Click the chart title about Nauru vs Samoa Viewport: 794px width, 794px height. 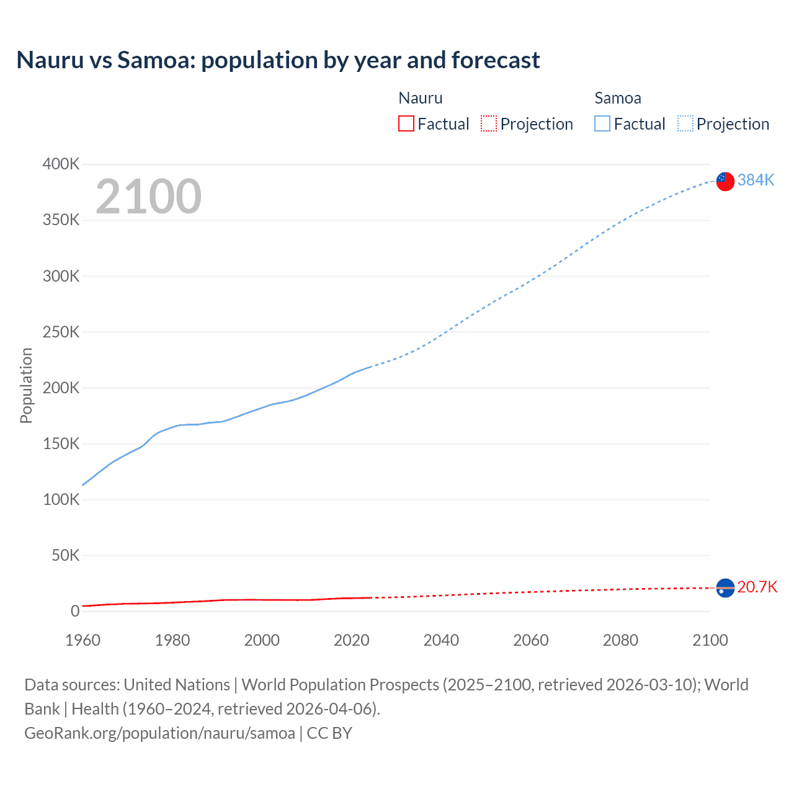coord(278,60)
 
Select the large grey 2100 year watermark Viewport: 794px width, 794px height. coord(148,197)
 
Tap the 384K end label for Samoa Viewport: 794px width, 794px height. coord(756,180)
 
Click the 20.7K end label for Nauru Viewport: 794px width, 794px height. coord(757,587)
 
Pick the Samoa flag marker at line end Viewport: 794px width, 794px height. coord(725,181)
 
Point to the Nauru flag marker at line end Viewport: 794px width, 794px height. coord(725,587)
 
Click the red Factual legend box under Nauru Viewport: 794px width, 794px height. coord(406,123)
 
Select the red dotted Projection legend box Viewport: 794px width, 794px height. coord(489,123)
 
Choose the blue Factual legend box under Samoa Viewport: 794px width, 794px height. coord(602,123)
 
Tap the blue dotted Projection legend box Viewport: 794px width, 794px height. coord(685,123)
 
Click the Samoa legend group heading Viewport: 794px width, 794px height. coord(617,98)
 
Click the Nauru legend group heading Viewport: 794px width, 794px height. coord(420,98)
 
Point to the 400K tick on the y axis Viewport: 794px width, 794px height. coord(61,164)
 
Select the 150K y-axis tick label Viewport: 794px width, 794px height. coord(61,444)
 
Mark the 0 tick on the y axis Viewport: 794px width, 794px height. coord(75,611)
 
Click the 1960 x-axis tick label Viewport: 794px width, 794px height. coord(83,640)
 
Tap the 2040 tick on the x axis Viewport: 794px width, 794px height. coord(441,640)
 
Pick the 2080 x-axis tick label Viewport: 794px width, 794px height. coord(620,640)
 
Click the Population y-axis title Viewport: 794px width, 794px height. coord(26,385)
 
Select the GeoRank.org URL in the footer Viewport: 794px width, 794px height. coord(159,733)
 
